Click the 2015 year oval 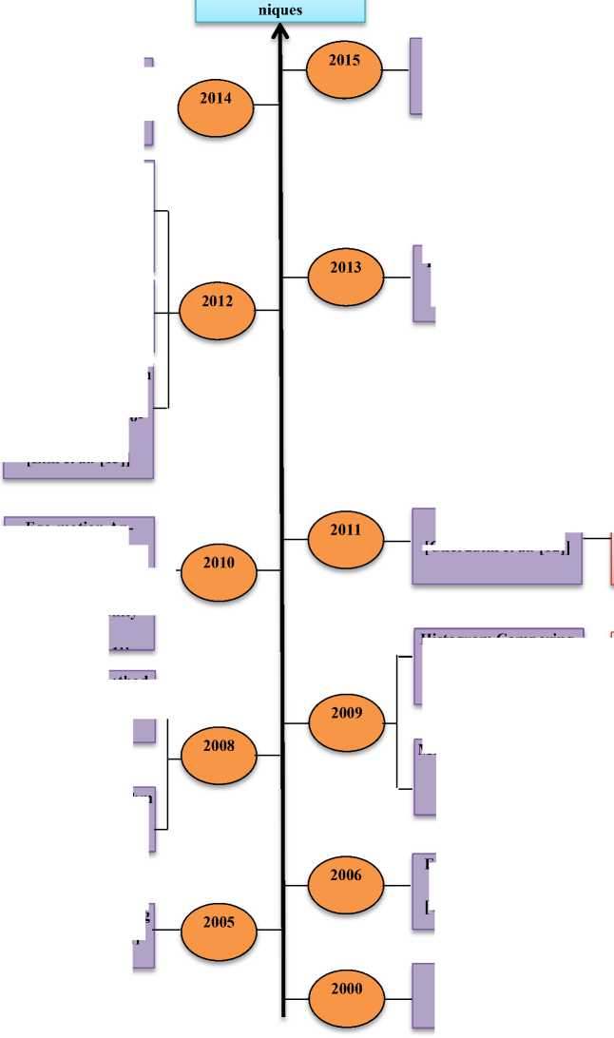click(x=344, y=69)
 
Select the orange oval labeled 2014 click(x=216, y=107)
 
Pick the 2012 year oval click(x=217, y=311)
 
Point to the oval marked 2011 click(x=346, y=539)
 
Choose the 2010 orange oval click(x=218, y=571)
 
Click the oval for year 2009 click(x=346, y=721)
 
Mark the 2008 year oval click(x=218, y=755)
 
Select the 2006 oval click(x=346, y=884)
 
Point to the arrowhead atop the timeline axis click(x=280, y=32)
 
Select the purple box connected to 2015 click(x=415, y=76)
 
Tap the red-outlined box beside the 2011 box click(x=611, y=559)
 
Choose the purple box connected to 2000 click(x=423, y=996)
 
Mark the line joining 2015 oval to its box click(x=395, y=69)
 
